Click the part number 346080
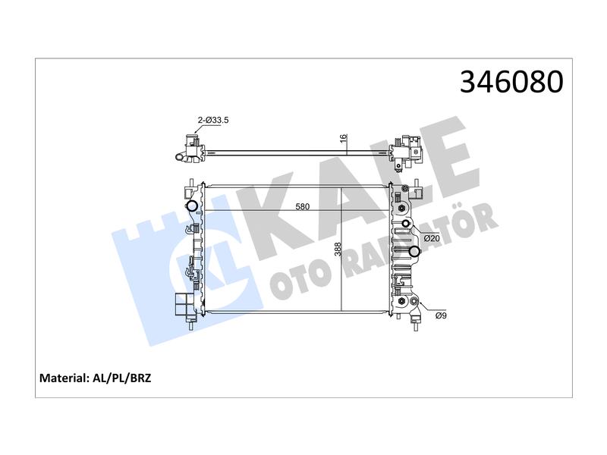[511, 82]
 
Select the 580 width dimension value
[302, 206]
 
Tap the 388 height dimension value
[338, 249]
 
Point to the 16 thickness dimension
[344, 138]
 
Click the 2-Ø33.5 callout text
[213, 120]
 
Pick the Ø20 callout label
[432, 238]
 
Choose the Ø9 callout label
[441, 315]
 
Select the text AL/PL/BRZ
[121, 378]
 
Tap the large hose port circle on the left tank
[192, 206]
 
